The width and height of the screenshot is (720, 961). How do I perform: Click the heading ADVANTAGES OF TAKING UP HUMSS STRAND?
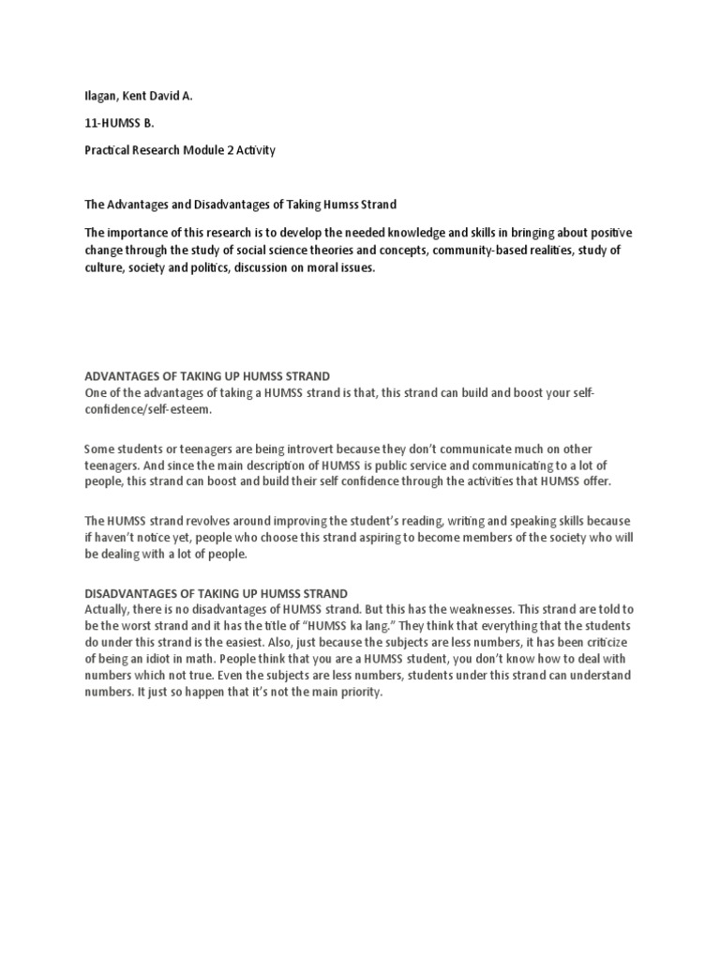(207, 376)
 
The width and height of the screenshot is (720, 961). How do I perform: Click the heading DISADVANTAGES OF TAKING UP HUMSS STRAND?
(217, 593)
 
